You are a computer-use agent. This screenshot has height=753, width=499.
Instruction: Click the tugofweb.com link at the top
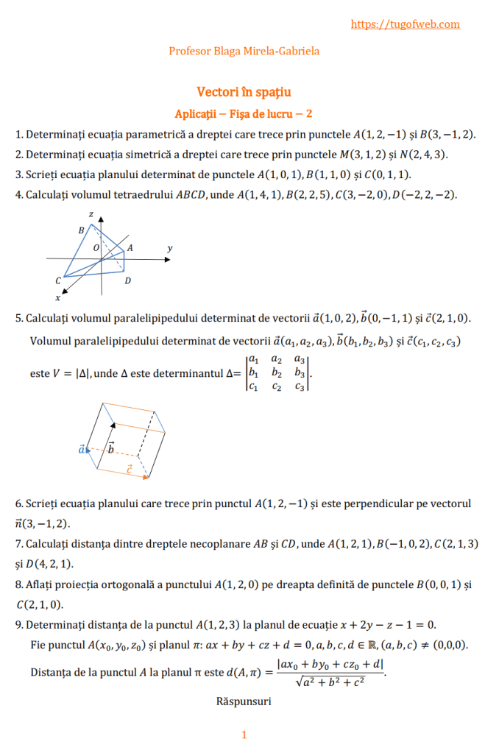406,24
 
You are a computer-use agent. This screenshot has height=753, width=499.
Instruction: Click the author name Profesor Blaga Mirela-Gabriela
244,51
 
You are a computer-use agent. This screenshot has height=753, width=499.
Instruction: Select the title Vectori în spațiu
244,92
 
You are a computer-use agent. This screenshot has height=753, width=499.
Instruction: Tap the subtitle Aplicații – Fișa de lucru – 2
244,113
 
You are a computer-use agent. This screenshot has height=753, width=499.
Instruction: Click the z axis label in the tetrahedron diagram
91,213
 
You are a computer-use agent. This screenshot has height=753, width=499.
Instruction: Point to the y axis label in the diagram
169,249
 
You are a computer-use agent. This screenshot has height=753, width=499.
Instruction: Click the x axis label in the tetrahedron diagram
57,298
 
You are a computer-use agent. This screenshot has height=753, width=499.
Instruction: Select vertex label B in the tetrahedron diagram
81,230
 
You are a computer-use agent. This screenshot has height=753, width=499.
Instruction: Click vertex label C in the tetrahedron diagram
57,281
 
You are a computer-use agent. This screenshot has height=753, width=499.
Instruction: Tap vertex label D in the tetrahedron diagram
127,280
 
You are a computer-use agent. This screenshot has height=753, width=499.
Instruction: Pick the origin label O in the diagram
96,249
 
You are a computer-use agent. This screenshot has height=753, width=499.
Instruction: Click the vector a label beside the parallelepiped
82,448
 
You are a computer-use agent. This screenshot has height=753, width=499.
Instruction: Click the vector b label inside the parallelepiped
110,447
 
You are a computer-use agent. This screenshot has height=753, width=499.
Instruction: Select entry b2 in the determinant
277,372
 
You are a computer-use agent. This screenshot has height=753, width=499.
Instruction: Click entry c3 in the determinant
299,386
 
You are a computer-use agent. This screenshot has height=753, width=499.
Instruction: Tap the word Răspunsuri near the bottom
244,701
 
